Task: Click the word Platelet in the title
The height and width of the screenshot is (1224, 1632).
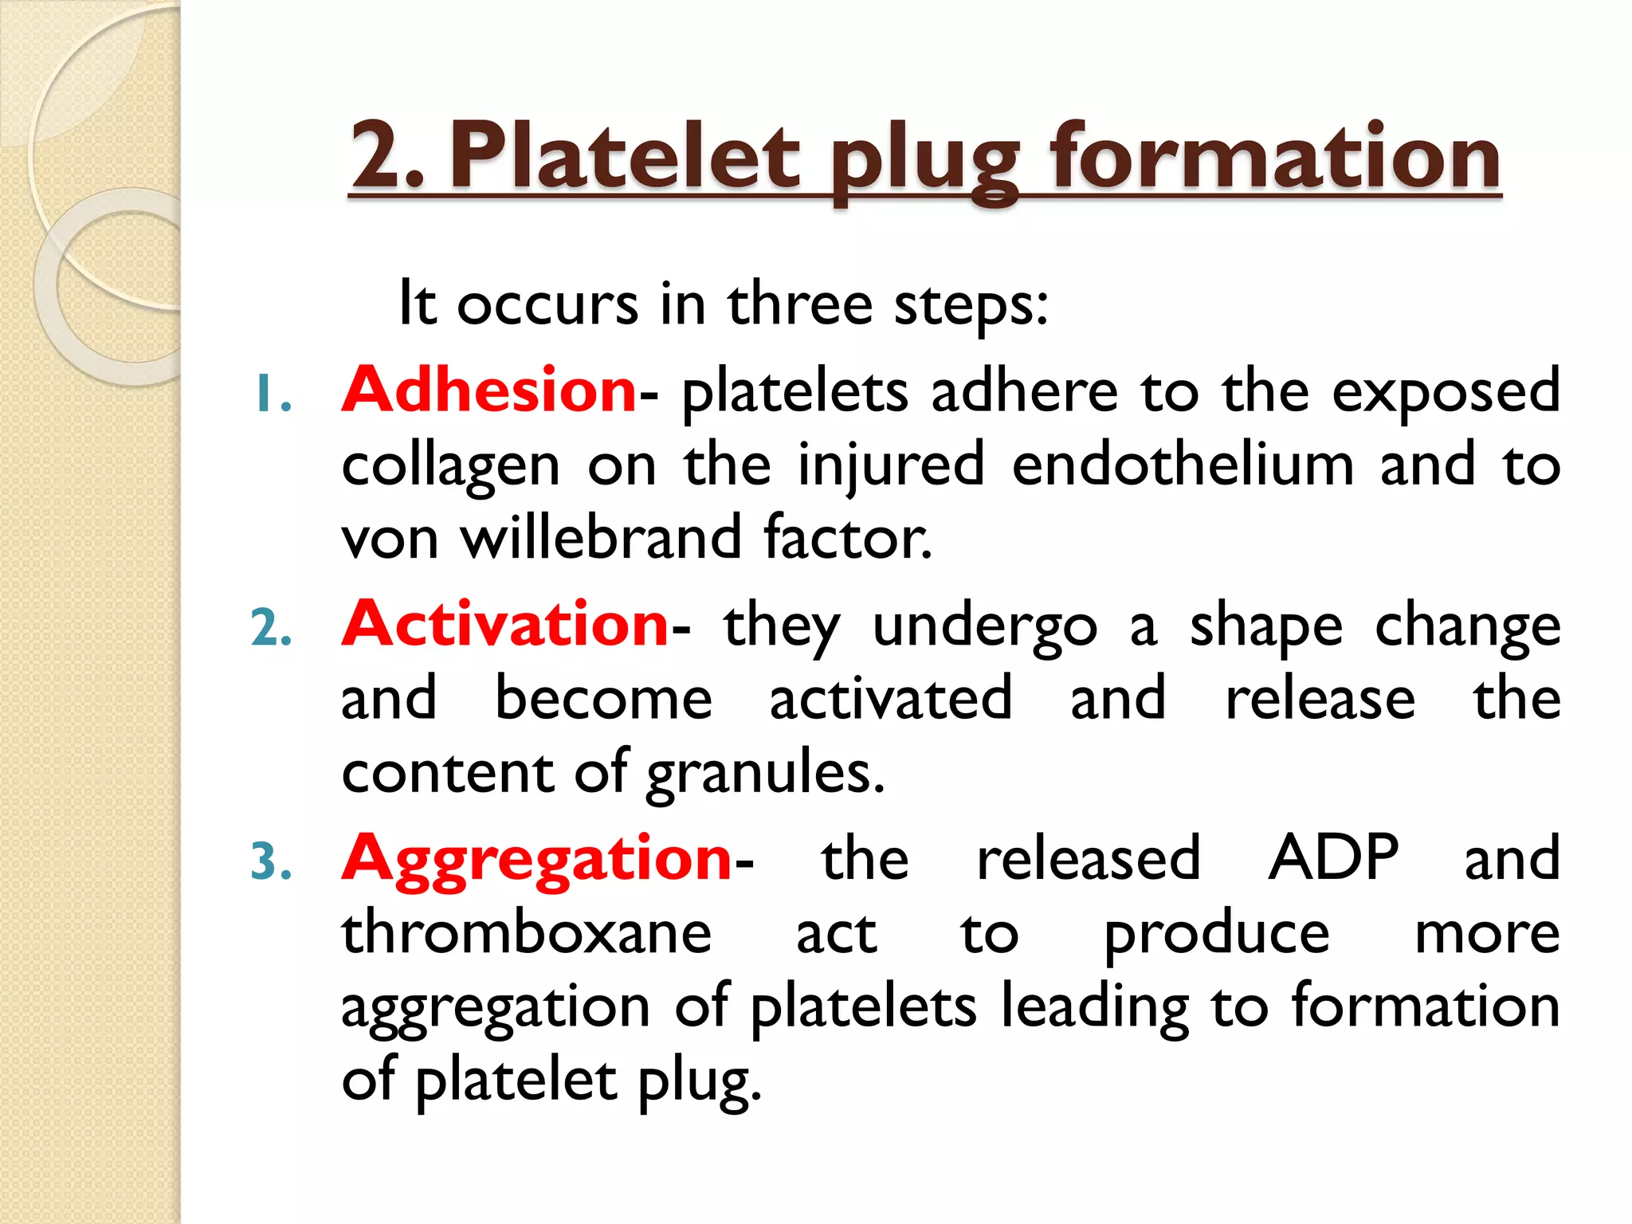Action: [624, 157]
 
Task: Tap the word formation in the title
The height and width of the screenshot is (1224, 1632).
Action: [1275, 157]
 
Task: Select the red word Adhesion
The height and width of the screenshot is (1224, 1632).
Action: [489, 390]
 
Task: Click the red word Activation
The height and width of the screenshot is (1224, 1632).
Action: [505, 624]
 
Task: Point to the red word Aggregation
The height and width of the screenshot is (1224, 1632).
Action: [536, 859]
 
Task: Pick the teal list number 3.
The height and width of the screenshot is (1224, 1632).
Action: [272, 862]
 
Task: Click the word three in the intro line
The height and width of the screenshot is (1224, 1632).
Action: [800, 304]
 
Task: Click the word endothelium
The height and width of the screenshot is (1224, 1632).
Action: [1183, 465]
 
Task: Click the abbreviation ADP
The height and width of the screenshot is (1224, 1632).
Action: [1333, 857]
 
